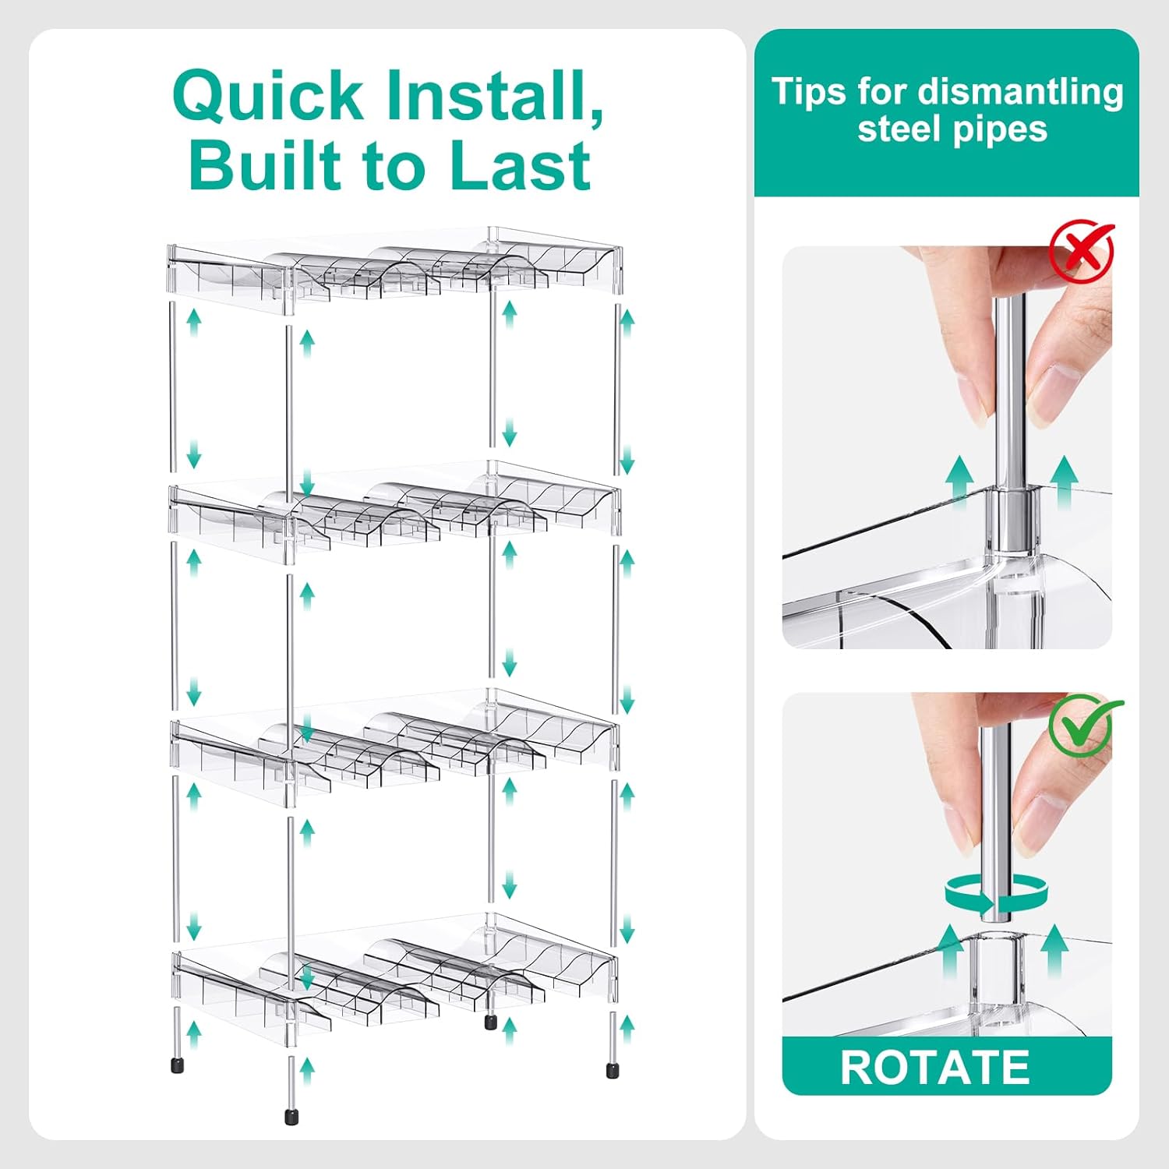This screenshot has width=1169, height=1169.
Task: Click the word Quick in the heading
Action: pos(267,95)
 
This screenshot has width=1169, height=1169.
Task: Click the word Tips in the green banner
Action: pos(808,91)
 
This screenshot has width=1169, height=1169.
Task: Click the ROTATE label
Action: pos(935,1067)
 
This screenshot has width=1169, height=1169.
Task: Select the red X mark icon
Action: pos(1082,251)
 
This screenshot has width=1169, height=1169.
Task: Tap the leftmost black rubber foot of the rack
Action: pos(177,1065)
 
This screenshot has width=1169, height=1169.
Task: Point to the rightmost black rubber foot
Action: pos(612,1069)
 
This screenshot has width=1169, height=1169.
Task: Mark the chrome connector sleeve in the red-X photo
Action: pos(1012,519)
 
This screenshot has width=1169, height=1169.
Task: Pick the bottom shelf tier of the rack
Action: pos(394,978)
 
